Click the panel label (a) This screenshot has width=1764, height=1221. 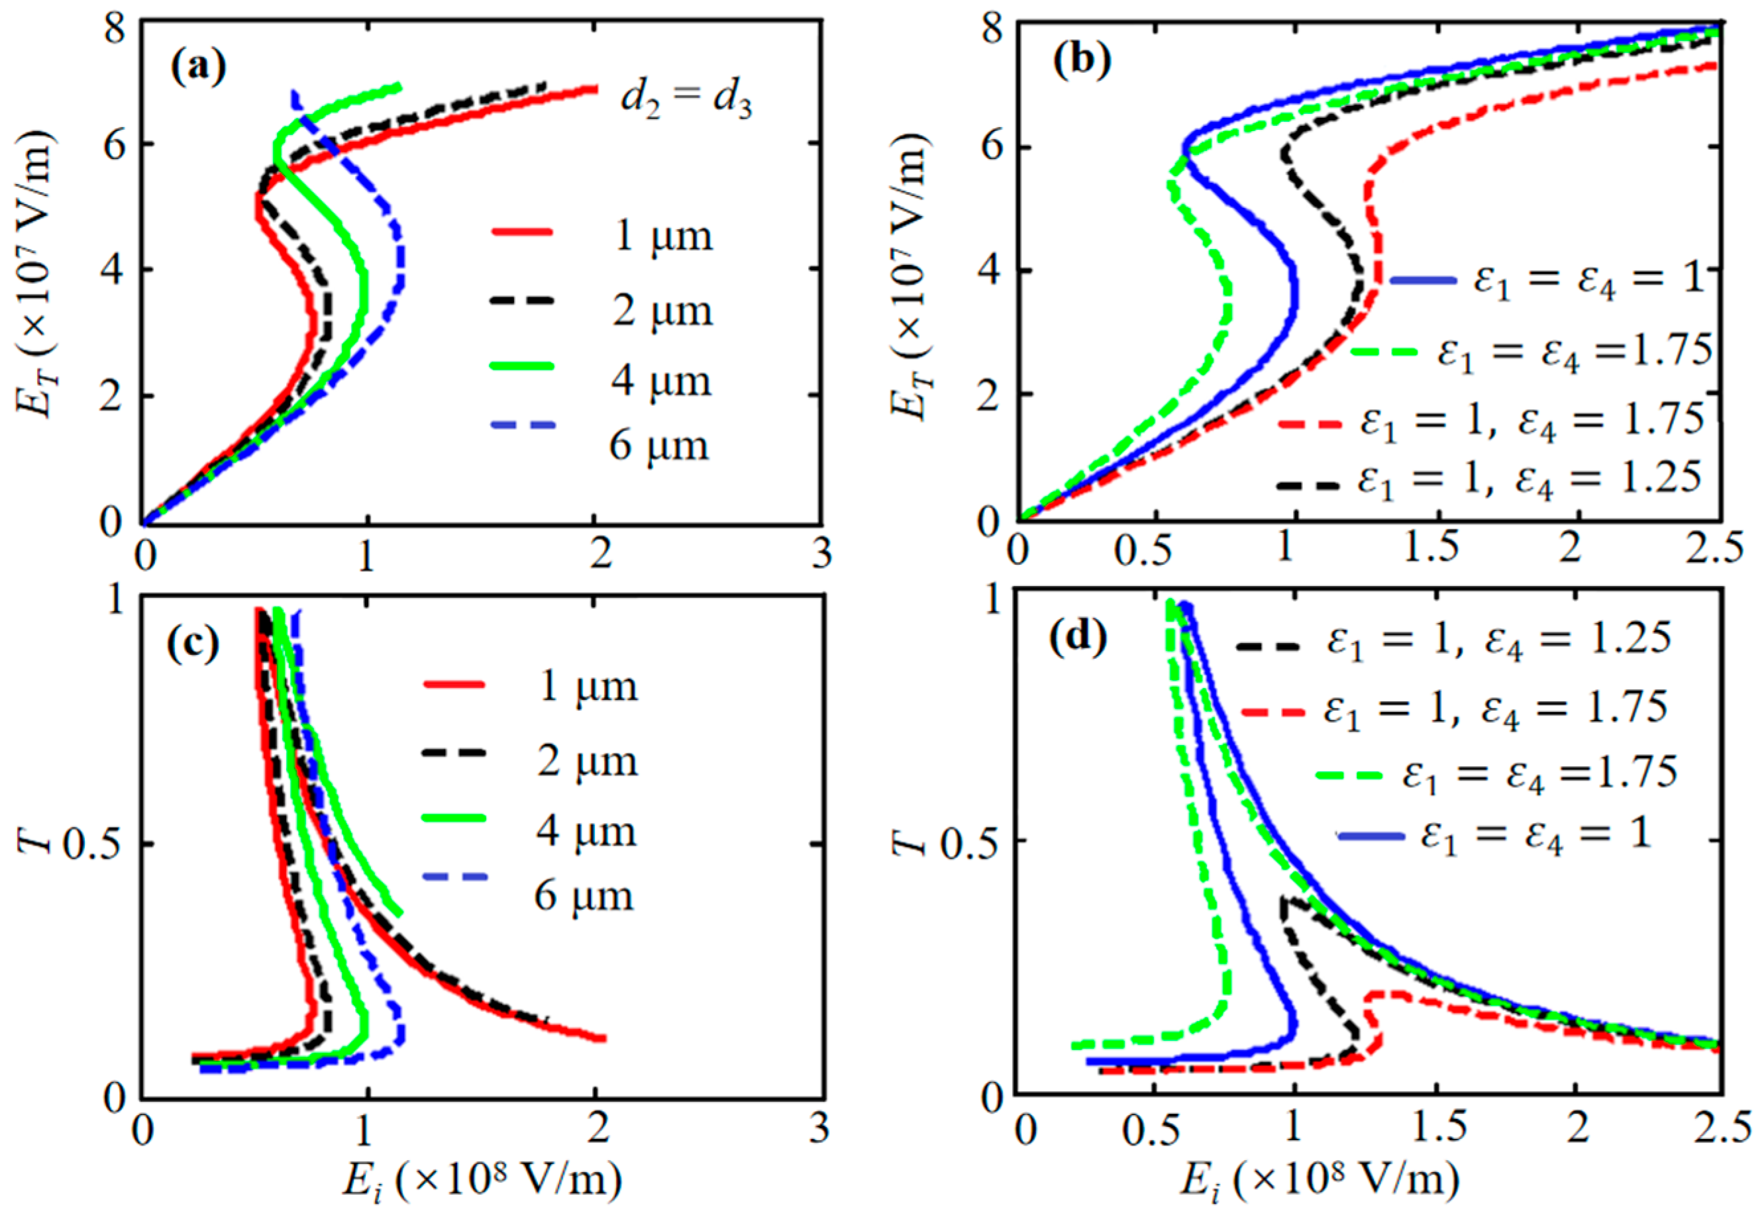coord(198,68)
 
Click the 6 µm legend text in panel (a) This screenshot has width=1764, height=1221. coord(659,445)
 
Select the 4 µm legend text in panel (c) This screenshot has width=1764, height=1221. coord(586,831)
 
